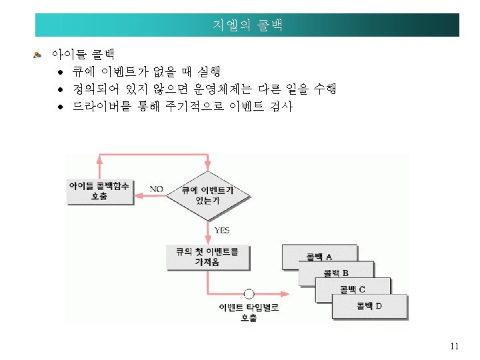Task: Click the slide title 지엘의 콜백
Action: tap(247, 26)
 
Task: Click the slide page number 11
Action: tap(455, 345)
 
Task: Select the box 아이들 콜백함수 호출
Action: tap(99, 191)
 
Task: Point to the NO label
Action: tap(156, 189)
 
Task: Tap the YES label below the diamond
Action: tap(221, 230)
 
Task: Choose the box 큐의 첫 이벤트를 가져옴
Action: tap(207, 257)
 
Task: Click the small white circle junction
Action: tap(249, 293)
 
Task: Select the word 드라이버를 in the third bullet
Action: tap(101, 107)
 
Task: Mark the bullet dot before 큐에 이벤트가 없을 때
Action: tap(59, 71)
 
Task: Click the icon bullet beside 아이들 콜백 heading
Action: tap(38, 53)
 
